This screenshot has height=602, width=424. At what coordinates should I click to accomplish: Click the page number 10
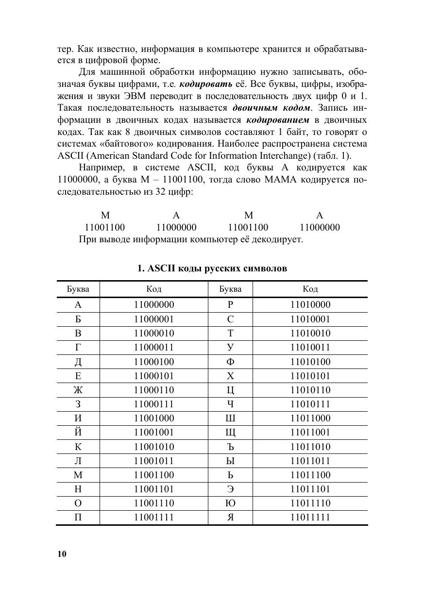(62, 554)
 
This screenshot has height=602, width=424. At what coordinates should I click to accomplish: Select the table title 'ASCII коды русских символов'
(212, 268)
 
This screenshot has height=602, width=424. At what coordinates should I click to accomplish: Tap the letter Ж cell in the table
(78, 390)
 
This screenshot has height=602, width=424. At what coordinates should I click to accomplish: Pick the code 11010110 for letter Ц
(310, 390)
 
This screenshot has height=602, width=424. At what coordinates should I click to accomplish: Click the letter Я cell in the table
(230, 517)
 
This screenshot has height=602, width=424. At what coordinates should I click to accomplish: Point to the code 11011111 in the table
(310, 517)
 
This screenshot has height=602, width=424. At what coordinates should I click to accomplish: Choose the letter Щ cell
(230, 433)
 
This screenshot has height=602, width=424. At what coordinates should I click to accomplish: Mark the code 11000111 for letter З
(153, 404)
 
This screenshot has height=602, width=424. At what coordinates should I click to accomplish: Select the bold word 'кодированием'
(278, 119)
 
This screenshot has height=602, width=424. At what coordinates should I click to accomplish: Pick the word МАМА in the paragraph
(278, 180)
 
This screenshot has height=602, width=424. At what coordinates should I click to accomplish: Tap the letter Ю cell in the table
(230, 503)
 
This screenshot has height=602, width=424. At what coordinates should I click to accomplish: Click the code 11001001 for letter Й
(153, 433)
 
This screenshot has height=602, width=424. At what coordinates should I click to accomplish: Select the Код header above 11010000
(310, 289)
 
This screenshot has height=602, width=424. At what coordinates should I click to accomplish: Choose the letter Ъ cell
(230, 447)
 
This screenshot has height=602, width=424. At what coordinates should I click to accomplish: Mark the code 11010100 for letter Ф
(310, 362)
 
